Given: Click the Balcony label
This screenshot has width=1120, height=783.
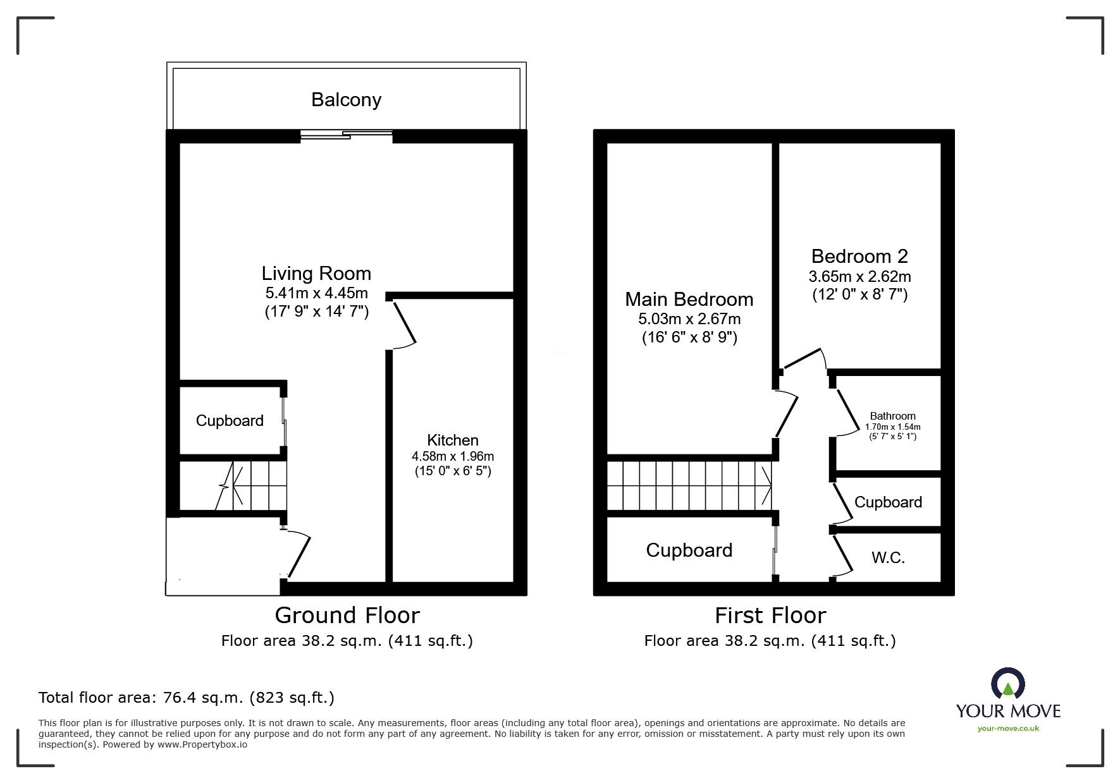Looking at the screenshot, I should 346,100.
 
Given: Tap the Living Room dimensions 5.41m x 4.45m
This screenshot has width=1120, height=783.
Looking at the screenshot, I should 316,293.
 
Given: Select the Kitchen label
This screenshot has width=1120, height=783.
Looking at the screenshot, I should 452,440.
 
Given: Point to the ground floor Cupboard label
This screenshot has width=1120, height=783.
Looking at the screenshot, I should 230,421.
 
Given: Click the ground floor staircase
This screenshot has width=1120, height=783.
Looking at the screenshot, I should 253,485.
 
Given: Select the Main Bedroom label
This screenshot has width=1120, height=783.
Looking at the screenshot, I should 689,299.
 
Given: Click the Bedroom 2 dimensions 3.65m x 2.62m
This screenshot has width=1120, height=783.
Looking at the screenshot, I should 859,277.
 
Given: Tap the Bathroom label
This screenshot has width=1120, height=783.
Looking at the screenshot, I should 892,416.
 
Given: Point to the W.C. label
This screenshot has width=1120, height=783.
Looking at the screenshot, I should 888,557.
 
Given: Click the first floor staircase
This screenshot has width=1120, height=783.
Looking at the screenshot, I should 689,485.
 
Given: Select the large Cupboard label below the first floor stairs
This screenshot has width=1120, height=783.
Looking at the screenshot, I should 689,550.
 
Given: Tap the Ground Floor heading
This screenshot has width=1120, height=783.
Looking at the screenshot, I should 347,616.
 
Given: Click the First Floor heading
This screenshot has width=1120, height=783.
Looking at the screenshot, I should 770,616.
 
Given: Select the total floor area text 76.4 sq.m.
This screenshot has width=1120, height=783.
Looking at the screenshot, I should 187,698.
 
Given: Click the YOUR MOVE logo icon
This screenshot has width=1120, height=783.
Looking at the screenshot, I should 1007,684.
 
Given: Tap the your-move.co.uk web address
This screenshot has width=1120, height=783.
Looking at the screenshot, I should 1007,729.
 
